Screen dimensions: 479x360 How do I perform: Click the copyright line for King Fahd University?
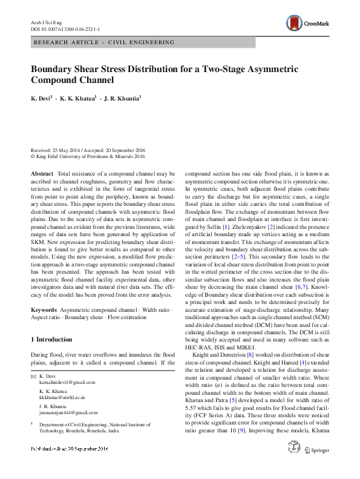click(x=88, y=156)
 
